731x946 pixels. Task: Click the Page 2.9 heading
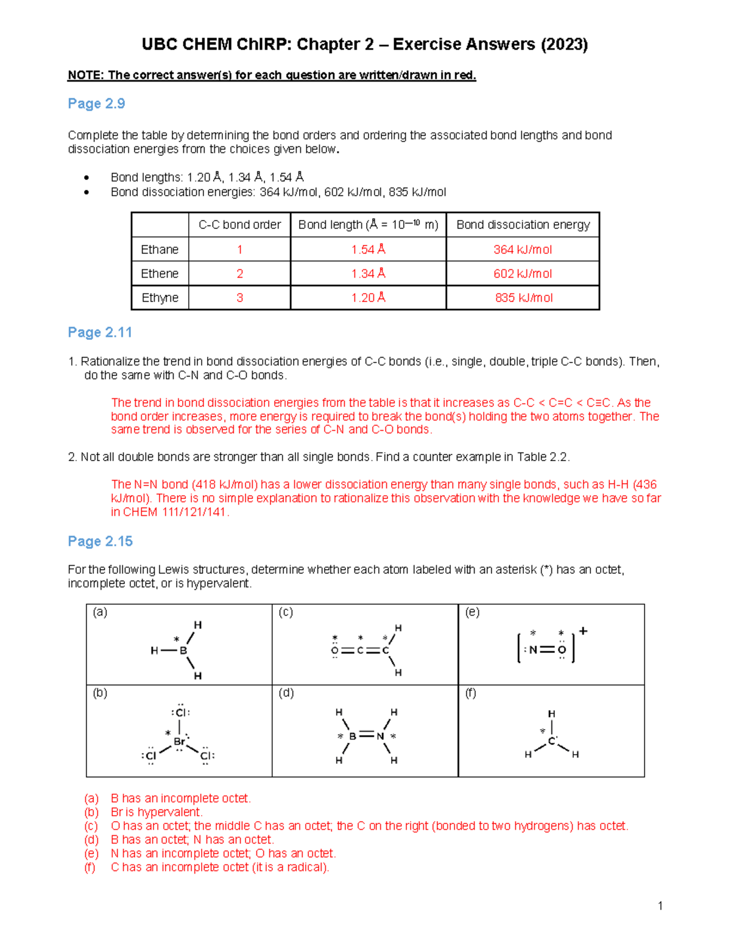[x=96, y=104]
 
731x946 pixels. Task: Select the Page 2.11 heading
[x=100, y=333]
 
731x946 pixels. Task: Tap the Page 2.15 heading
[x=100, y=542]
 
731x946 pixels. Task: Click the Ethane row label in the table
[x=160, y=250]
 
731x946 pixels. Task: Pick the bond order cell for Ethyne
[x=239, y=298]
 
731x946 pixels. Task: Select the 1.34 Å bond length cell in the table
[x=368, y=274]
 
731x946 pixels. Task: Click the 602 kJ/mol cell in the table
[x=523, y=274]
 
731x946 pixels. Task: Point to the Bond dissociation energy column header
[x=523, y=225]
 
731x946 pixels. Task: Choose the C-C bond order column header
[x=239, y=225]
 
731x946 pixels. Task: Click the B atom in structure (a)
[x=183, y=651]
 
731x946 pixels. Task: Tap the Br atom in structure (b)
[x=180, y=742]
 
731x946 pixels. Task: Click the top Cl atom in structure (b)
[x=181, y=713]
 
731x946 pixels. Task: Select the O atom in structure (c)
[x=334, y=651]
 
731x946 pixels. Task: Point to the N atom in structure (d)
[x=380, y=736]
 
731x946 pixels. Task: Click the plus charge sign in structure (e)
[x=583, y=631]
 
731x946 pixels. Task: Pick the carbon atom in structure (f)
[x=551, y=741]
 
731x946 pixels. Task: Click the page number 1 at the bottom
[x=660, y=906]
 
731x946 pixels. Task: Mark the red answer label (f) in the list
[x=90, y=867]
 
